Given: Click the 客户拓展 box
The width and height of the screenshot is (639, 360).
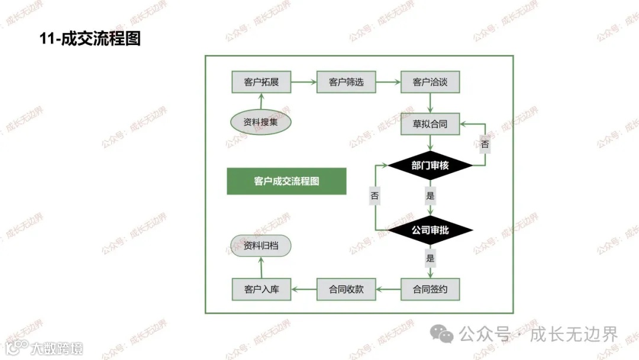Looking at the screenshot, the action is pyautogui.click(x=261, y=82).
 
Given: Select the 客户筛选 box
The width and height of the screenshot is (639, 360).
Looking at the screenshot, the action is pyautogui.click(x=346, y=82).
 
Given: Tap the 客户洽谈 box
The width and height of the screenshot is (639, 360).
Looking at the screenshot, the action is pyautogui.click(x=430, y=82).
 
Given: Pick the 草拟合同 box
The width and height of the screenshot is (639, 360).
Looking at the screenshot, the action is pyautogui.click(x=430, y=124).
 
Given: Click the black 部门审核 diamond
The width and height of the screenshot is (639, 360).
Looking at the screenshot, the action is pyautogui.click(x=430, y=166).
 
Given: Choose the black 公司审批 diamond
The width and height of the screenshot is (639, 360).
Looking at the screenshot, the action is pyautogui.click(x=430, y=230).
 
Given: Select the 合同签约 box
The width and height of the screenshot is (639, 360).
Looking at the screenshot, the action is pyautogui.click(x=430, y=290).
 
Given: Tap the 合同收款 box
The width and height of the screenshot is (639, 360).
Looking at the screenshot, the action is pyautogui.click(x=346, y=290).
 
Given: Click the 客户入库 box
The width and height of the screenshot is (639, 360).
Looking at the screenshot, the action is pyautogui.click(x=261, y=290).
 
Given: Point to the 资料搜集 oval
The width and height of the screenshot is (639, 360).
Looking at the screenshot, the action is pyautogui.click(x=261, y=123).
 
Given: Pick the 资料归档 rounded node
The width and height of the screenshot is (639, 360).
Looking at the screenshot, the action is pyautogui.click(x=261, y=246).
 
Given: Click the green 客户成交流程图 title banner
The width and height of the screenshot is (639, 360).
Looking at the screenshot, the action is pyautogui.click(x=286, y=181).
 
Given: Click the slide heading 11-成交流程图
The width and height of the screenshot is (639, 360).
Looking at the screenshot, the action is pyautogui.click(x=90, y=39).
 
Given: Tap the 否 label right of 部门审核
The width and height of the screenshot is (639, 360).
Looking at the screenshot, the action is pyautogui.click(x=485, y=144).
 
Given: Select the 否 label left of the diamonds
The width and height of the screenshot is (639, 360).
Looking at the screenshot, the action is pyautogui.click(x=375, y=195).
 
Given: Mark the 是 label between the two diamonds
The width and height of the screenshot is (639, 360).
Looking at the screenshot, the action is pyautogui.click(x=430, y=195).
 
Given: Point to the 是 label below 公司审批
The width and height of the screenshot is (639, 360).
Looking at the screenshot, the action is pyautogui.click(x=430, y=258).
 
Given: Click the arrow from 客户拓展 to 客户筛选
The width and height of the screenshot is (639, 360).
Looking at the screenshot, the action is pyautogui.click(x=304, y=82).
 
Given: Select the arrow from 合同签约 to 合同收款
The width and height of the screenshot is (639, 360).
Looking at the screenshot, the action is pyautogui.click(x=388, y=290).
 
